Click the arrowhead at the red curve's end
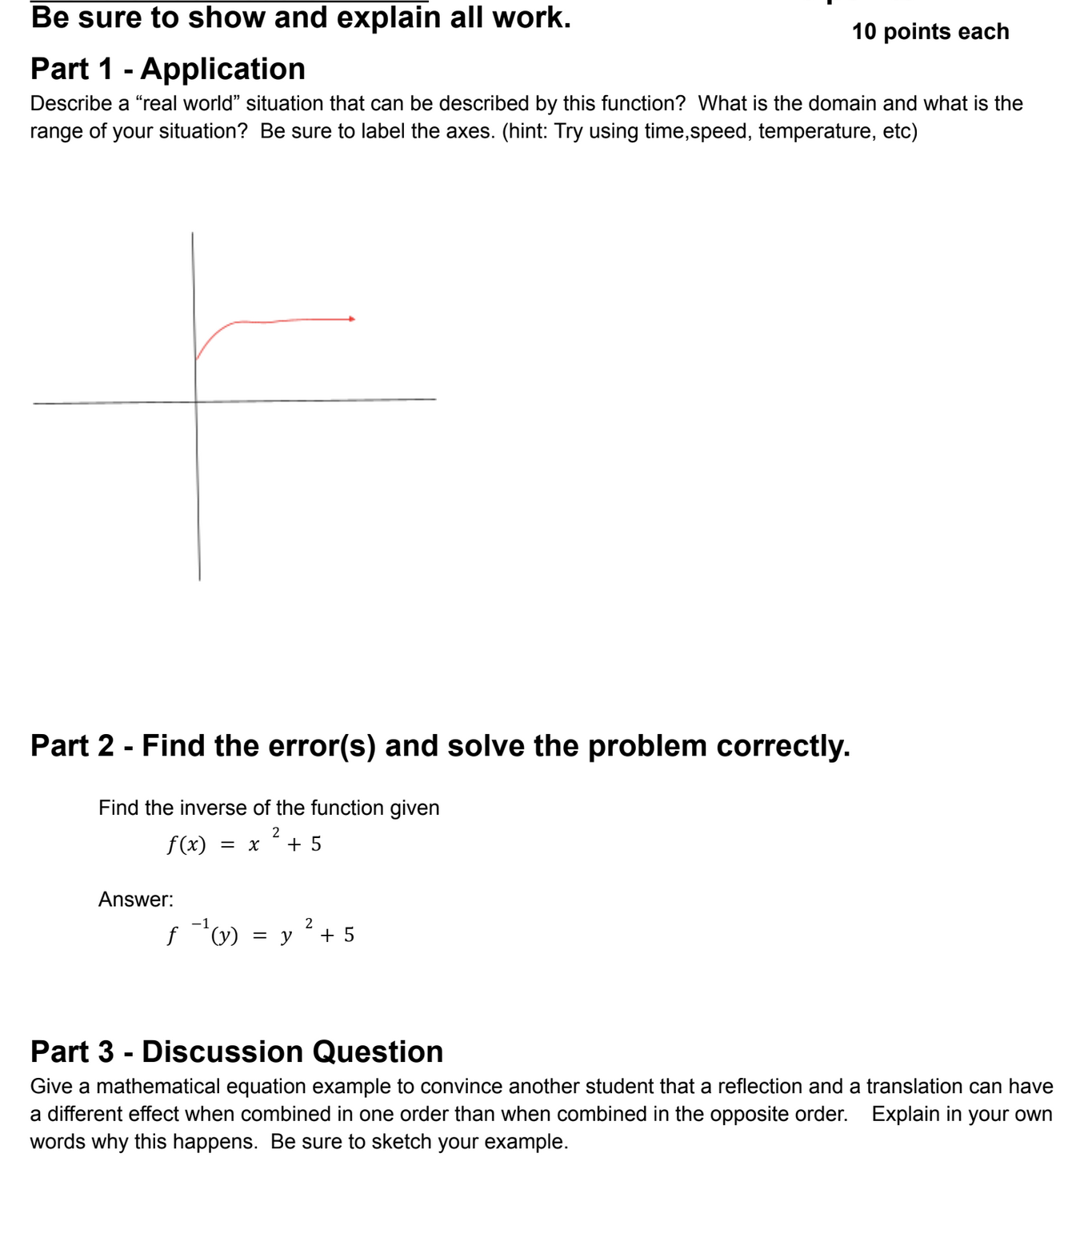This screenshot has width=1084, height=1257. pos(352,319)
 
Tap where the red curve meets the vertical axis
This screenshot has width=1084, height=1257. pos(196,359)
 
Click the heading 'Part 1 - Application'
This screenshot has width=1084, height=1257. pos(168,70)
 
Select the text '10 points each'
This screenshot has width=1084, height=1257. pos(930,32)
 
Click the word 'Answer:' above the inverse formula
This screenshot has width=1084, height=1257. pos(136,900)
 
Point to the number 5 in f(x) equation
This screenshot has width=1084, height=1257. pos(316,844)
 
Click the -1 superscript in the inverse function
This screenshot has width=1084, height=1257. pos(200,924)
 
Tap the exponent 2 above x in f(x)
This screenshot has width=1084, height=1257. pos(276,832)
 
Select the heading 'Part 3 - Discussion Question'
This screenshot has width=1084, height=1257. pos(237,1051)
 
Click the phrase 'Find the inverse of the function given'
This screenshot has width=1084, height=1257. pos(269,808)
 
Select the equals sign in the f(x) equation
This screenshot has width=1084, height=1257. pos(227,845)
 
